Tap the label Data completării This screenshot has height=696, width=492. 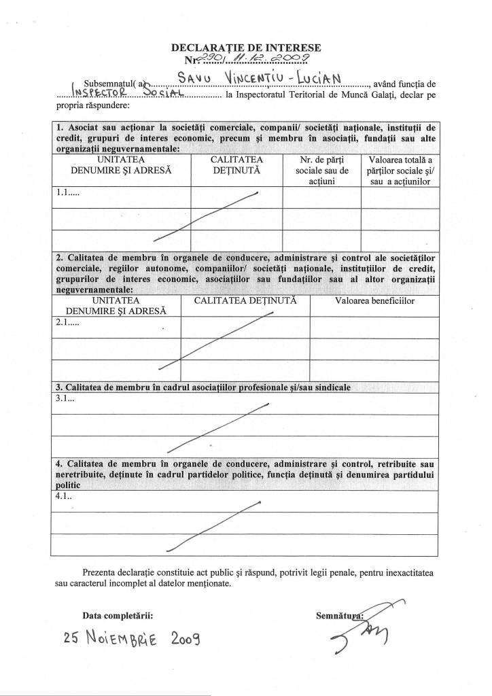[118, 616]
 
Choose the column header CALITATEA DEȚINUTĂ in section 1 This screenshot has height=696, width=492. [236, 165]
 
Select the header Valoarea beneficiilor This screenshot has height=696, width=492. [374, 300]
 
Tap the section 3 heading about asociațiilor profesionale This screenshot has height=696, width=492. [203, 387]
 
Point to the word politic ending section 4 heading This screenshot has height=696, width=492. [67, 485]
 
